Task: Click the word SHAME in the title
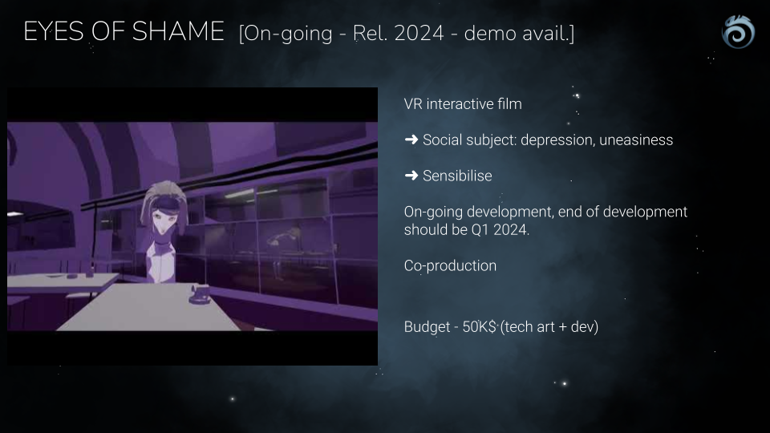click(x=178, y=31)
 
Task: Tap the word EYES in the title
click(x=54, y=31)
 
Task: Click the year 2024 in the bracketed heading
click(x=419, y=34)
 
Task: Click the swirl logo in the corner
click(x=738, y=32)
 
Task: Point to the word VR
click(x=413, y=104)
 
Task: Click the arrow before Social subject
click(x=411, y=140)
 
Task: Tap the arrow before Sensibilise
click(x=411, y=176)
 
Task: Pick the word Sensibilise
click(x=457, y=176)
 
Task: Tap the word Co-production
click(x=450, y=265)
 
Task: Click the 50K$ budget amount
click(x=480, y=326)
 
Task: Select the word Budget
click(x=428, y=327)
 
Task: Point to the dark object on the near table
click(x=200, y=294)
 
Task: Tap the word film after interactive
click(x=509, y=104)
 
